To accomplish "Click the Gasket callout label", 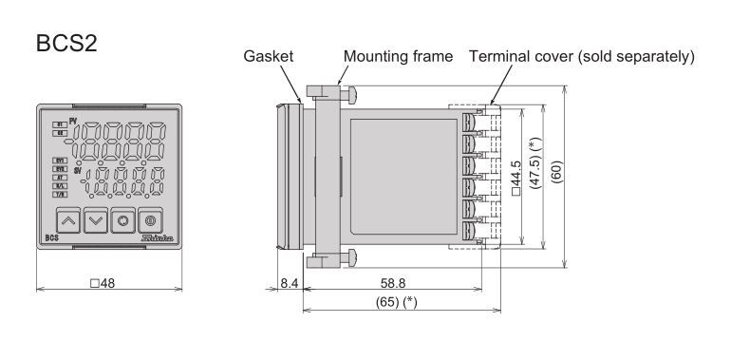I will click(x=266, y=57).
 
